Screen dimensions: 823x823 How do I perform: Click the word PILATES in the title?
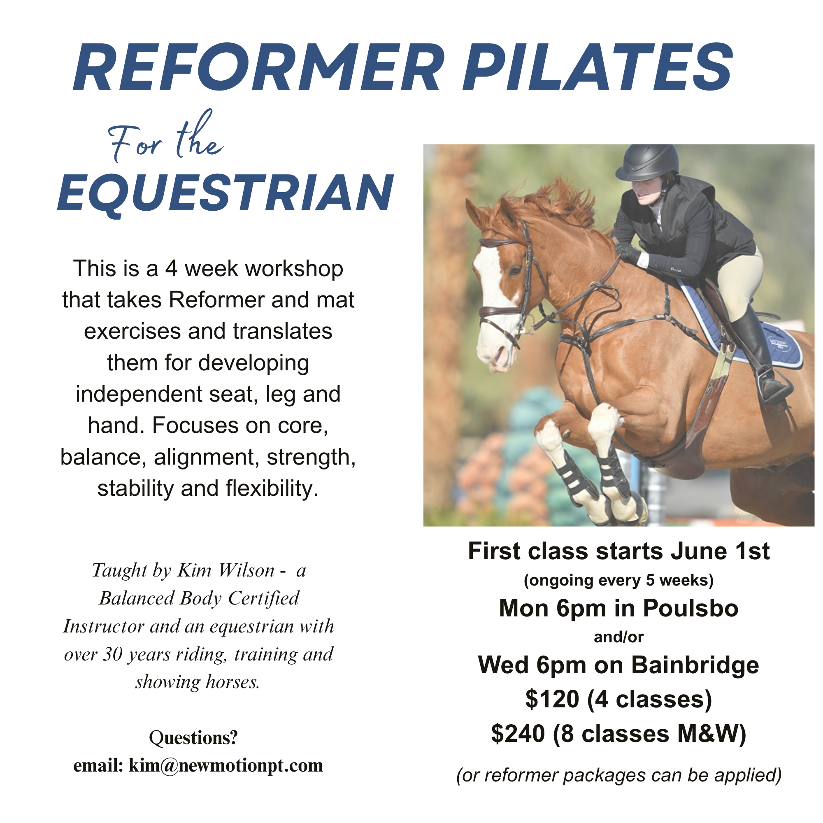pos(598,67)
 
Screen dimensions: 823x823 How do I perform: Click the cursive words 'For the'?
pos(166,137)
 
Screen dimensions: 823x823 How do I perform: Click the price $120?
pos(552,699)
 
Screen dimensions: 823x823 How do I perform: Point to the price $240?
pos(518,734)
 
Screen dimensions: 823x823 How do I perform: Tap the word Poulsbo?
pos(690,608)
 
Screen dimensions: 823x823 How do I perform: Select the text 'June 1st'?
pos(720,551)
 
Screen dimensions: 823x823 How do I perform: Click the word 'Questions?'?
pos(193,738)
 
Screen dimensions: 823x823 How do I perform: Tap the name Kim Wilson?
pos(226,571)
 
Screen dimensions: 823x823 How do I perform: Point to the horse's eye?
pos(516,270)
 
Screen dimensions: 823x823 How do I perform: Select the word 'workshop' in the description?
pos(294,269)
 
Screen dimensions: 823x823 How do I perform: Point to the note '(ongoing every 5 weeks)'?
pos(618,580)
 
